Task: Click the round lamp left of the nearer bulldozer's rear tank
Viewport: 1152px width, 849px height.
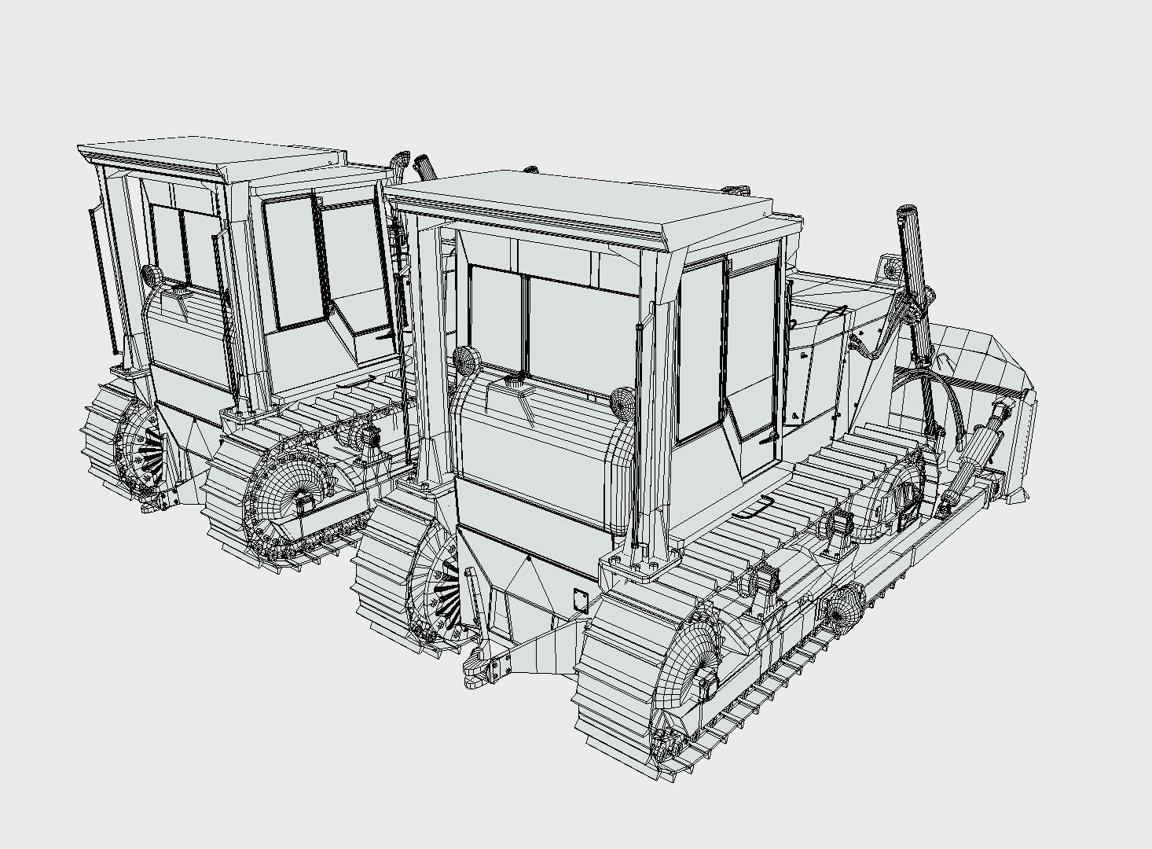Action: pos(465,359)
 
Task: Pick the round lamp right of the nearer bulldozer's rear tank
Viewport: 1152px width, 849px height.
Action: pos(622,402)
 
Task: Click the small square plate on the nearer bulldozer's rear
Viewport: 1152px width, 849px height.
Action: pos(582,601)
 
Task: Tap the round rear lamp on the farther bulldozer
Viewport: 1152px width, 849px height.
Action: pos(152,275)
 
